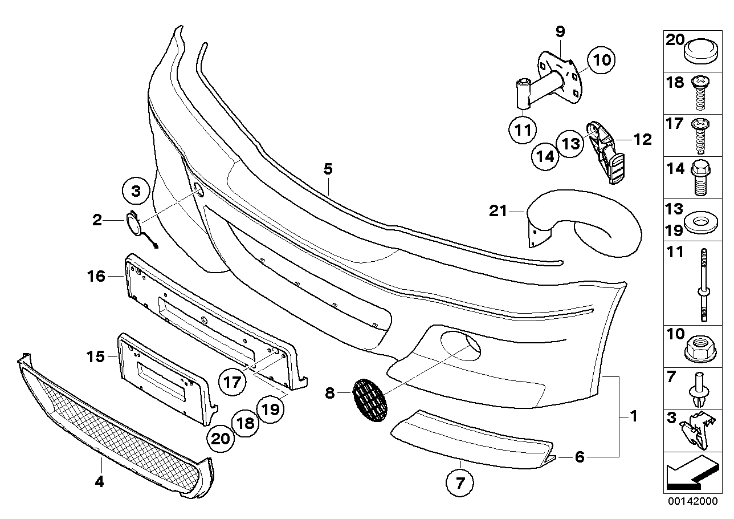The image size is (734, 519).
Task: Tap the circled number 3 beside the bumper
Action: pyautogui.click(x=136, y=192)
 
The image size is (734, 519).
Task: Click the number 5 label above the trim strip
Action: pyautogui.click(x=328, y=169)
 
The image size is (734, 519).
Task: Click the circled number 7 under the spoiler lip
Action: pyautogui.click(x=460, y=485)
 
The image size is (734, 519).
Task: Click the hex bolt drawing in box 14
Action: pyautogui.click(x=699, y=177)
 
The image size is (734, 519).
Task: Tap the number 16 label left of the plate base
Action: pyautogui.click(x=96, y=277)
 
